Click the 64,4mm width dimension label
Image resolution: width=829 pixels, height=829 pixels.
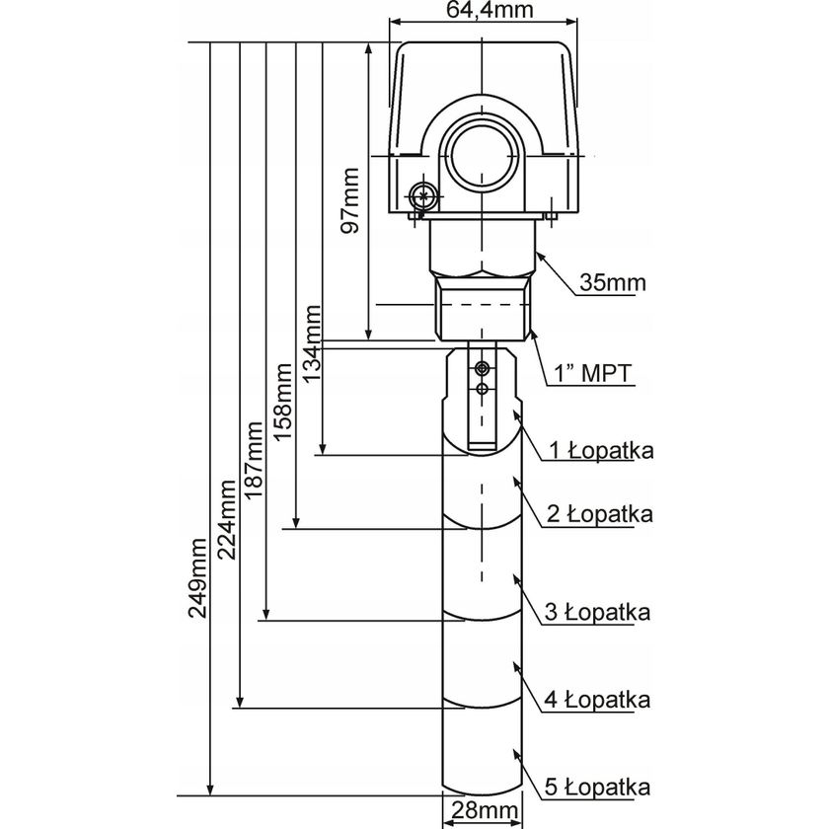pos(485,12)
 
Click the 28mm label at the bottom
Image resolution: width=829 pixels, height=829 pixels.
pos(484,811)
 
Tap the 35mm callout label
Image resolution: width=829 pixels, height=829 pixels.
pos(612,284)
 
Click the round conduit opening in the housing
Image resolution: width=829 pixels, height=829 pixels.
pos(483,154)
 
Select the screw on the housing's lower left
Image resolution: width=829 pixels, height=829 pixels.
pos(423,195)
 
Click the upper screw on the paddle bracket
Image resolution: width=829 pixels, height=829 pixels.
pos(482,368)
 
